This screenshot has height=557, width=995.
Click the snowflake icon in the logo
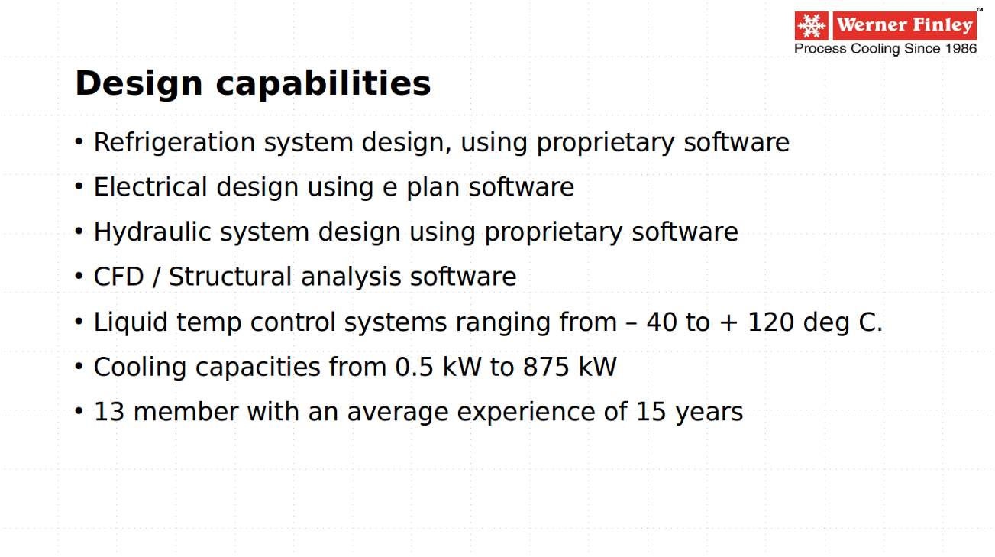(x=811, y=26)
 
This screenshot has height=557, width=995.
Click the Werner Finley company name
(x=905, y=25)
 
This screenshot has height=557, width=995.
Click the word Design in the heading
(x=138, y=84)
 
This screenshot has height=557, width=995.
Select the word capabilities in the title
(x=323, y=83)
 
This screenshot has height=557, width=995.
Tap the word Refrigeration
(x=174, y=143)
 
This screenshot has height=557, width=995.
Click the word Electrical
(x=150, y=186)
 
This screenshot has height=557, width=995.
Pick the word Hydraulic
(x=153, y=232)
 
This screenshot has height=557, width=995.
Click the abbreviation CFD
(x=118, y=277)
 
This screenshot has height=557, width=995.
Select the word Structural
(x=230, y=277)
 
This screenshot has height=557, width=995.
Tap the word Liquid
(x=131, y=322)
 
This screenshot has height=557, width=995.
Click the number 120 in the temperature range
(x=770, y=322)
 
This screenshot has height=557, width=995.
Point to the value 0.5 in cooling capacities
(x=414, y=368)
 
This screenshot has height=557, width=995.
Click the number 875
(x=546, y=368)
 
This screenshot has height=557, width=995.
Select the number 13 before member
(x=109, y=412)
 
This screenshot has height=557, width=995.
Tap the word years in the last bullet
(x=709, y=413)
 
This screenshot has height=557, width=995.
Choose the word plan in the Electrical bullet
(x=433, y=188)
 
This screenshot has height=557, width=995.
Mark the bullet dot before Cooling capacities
(x=79, y=366)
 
